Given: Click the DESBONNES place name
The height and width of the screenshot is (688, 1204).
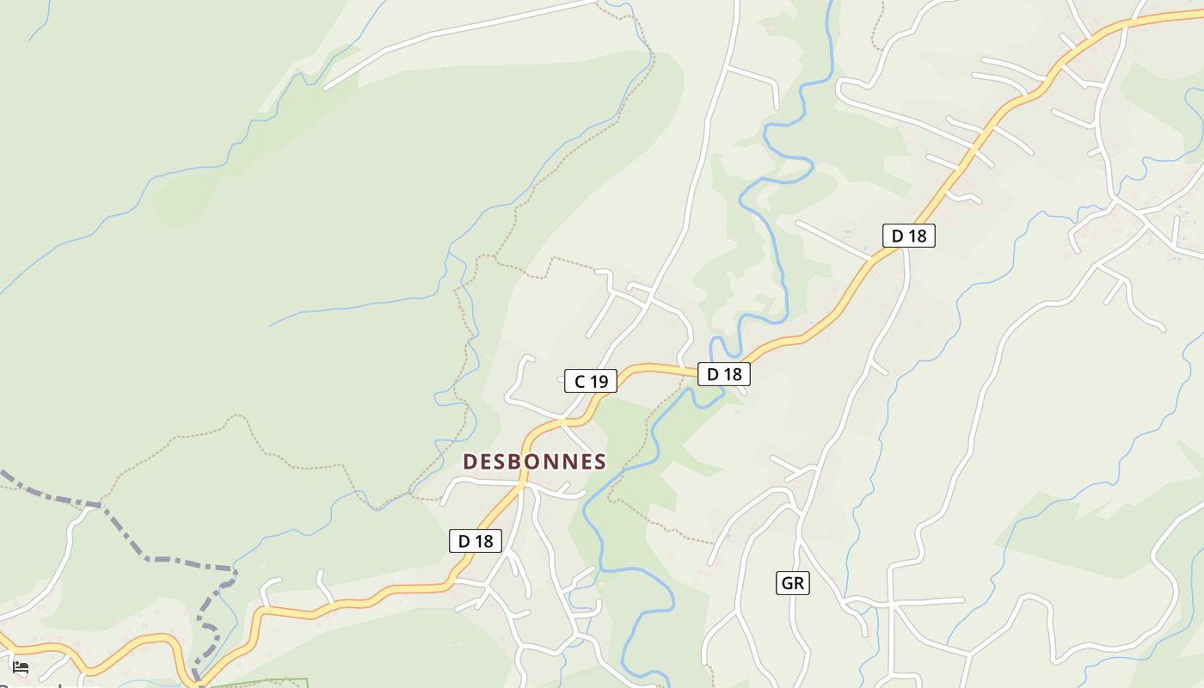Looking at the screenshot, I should click(x=534, y=462).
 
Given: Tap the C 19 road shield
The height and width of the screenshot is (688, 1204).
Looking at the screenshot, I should click(x=591, y=381).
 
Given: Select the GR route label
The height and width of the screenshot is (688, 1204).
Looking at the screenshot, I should click(x=792, y=584).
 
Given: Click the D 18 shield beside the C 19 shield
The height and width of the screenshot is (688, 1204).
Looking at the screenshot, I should click(x=723, y=374).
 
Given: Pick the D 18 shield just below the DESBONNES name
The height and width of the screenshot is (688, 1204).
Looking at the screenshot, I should click(x=476, y=541).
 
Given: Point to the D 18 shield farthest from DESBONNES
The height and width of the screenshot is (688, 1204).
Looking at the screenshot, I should click(x=908, y=236).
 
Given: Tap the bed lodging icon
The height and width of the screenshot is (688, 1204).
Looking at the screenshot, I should click(x=21, y=667).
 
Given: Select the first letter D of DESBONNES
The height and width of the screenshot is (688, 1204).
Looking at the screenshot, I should click(x=470, y=462).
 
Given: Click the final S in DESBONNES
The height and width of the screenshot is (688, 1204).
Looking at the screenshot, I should click(x=599, y=462).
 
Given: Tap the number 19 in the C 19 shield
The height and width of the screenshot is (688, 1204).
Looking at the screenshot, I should click(x=599, y=381).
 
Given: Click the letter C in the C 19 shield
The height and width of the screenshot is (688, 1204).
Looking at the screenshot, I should click(x=580, y=381).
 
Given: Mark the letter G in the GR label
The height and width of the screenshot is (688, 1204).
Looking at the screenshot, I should click(x=787, y=584).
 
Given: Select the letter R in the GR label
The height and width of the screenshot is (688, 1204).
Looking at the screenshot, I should click(x=799, y=584).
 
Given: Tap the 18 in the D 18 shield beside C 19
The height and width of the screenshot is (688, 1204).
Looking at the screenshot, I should click(x=732, y=374).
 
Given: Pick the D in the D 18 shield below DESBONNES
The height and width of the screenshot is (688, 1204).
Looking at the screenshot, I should click(x=464, y=541).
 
